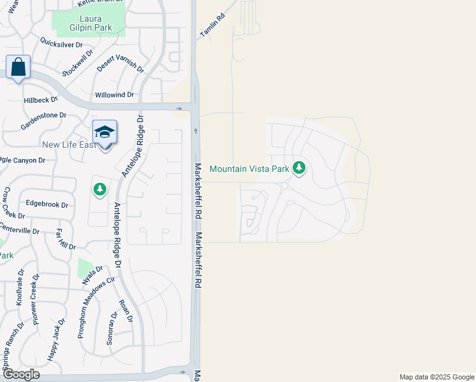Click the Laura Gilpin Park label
91,23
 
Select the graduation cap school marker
104,133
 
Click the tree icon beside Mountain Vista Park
299,168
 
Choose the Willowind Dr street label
115,95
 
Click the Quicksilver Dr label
62,45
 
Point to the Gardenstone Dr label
43,116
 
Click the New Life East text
69,145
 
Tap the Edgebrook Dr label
46,204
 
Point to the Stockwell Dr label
76,64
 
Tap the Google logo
21,374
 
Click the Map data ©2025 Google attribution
436,377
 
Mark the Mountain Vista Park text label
249,169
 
